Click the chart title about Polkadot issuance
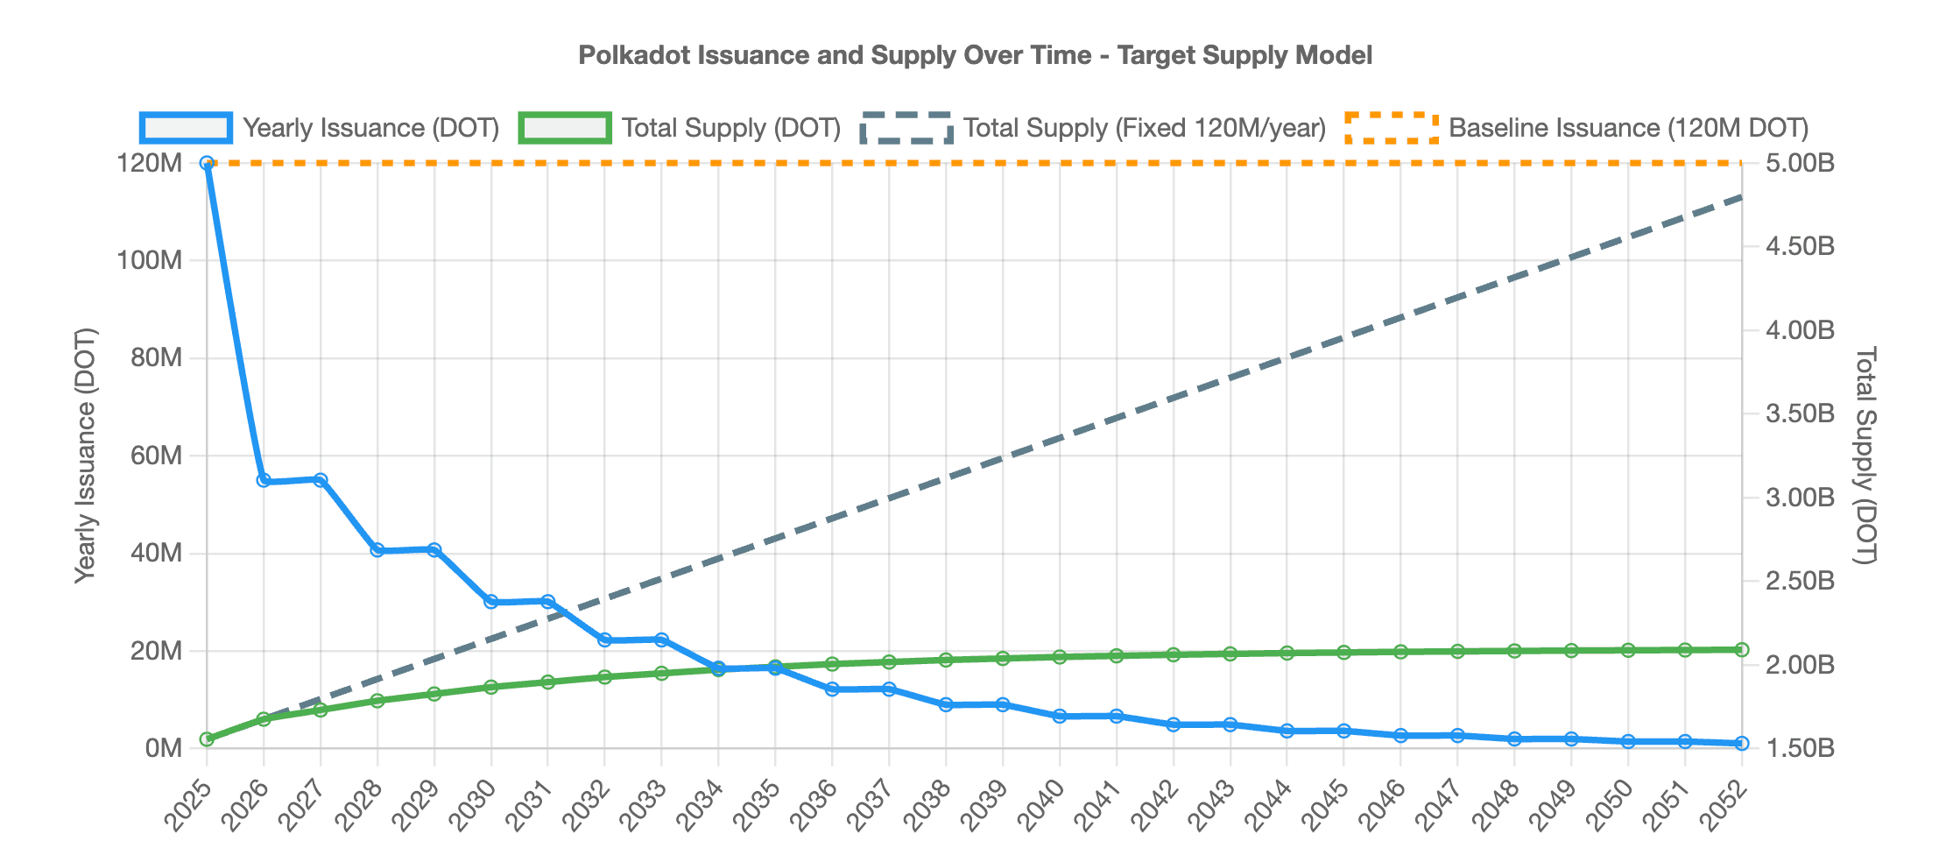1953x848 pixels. point(975,55)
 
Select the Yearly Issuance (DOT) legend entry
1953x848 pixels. point(320,128)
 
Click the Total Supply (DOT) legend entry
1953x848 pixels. point(680,128)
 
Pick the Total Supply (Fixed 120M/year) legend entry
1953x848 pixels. point(1093,128)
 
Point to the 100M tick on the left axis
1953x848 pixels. point(151,261)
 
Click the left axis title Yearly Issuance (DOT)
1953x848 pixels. point(85,456)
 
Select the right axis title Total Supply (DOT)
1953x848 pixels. point(1866,456)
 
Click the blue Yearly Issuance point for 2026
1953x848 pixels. point(264,480)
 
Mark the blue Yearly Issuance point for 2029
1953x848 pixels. point(434,549)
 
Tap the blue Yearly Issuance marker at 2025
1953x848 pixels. point(207,163)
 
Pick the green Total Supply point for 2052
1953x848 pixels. point(1741,649)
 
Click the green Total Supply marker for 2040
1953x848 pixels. point(1060,656)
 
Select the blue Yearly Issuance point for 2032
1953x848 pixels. point(604,640)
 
